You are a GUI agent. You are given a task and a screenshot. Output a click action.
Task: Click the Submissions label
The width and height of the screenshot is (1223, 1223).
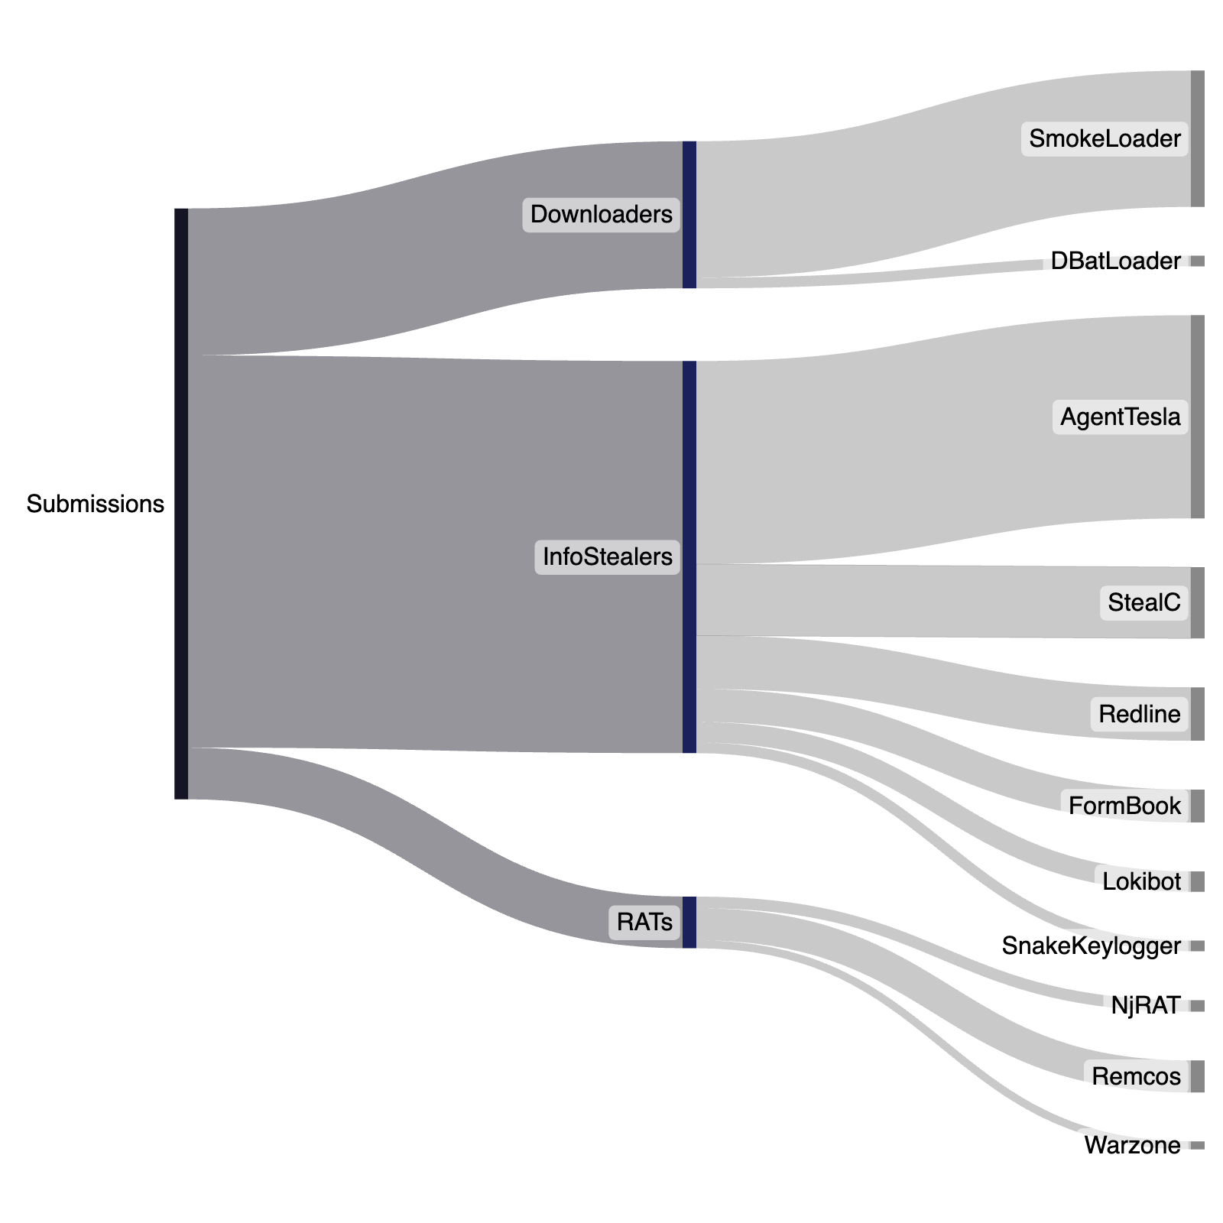tap(95, 504)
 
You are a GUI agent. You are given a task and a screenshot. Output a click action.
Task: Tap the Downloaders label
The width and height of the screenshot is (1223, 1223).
tap(601, 214)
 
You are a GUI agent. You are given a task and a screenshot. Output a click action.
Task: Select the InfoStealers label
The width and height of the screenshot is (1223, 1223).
tap(607, 556)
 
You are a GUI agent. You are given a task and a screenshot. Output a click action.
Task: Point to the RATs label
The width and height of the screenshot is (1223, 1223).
tap(644, 922)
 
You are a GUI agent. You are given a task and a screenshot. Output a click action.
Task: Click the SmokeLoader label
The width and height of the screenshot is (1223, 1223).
tap(1105, 139)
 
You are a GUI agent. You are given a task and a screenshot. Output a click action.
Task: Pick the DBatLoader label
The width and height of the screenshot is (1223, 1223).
tap(1115, 261)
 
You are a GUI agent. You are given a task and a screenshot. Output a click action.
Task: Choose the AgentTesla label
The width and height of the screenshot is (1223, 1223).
tap(1120, 417)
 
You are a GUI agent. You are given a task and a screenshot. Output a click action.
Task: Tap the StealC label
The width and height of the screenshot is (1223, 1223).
tap(1144, 602)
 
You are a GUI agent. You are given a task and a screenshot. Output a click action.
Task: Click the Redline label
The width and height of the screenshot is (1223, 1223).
tap(1139, 714)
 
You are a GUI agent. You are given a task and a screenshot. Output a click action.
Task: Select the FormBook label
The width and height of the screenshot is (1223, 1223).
tap(1124, 806)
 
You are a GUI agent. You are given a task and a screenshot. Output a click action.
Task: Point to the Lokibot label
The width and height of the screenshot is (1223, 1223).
tap(1141, 881)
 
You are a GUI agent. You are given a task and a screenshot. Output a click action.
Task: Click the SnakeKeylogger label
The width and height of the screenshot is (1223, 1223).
tap(1091, 946)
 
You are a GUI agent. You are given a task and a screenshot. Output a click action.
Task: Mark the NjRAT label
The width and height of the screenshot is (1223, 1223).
tap(1145, 1005)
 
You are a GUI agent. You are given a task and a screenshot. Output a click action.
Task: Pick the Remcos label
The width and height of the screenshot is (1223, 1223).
tap(1136, 1076)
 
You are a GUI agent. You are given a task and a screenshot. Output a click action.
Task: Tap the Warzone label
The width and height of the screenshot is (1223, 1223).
tap(1132, 1145)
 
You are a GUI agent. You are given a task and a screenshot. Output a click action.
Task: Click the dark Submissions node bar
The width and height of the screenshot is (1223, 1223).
tap(181, 504)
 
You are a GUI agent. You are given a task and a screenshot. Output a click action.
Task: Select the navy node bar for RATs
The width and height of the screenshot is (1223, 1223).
tap(689, 922)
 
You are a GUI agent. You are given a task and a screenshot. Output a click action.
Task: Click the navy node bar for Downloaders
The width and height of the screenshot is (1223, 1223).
tap(689, 215)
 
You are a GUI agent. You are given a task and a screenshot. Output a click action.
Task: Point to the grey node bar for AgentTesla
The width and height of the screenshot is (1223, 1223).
tap(1197, 417)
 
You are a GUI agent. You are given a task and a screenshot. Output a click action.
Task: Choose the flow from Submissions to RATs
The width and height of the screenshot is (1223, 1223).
tap(428, 856)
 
